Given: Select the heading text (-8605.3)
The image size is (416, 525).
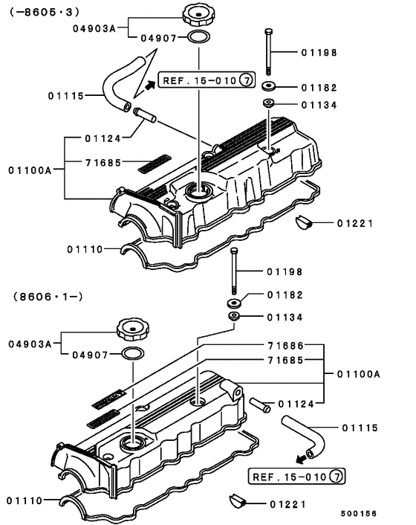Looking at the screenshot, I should (45, 13).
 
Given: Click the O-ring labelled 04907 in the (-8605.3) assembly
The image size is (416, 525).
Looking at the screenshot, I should (198, 38).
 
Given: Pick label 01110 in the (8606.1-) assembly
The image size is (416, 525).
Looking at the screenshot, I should (25, 500).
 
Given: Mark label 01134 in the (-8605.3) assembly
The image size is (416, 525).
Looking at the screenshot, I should (319, 105).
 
